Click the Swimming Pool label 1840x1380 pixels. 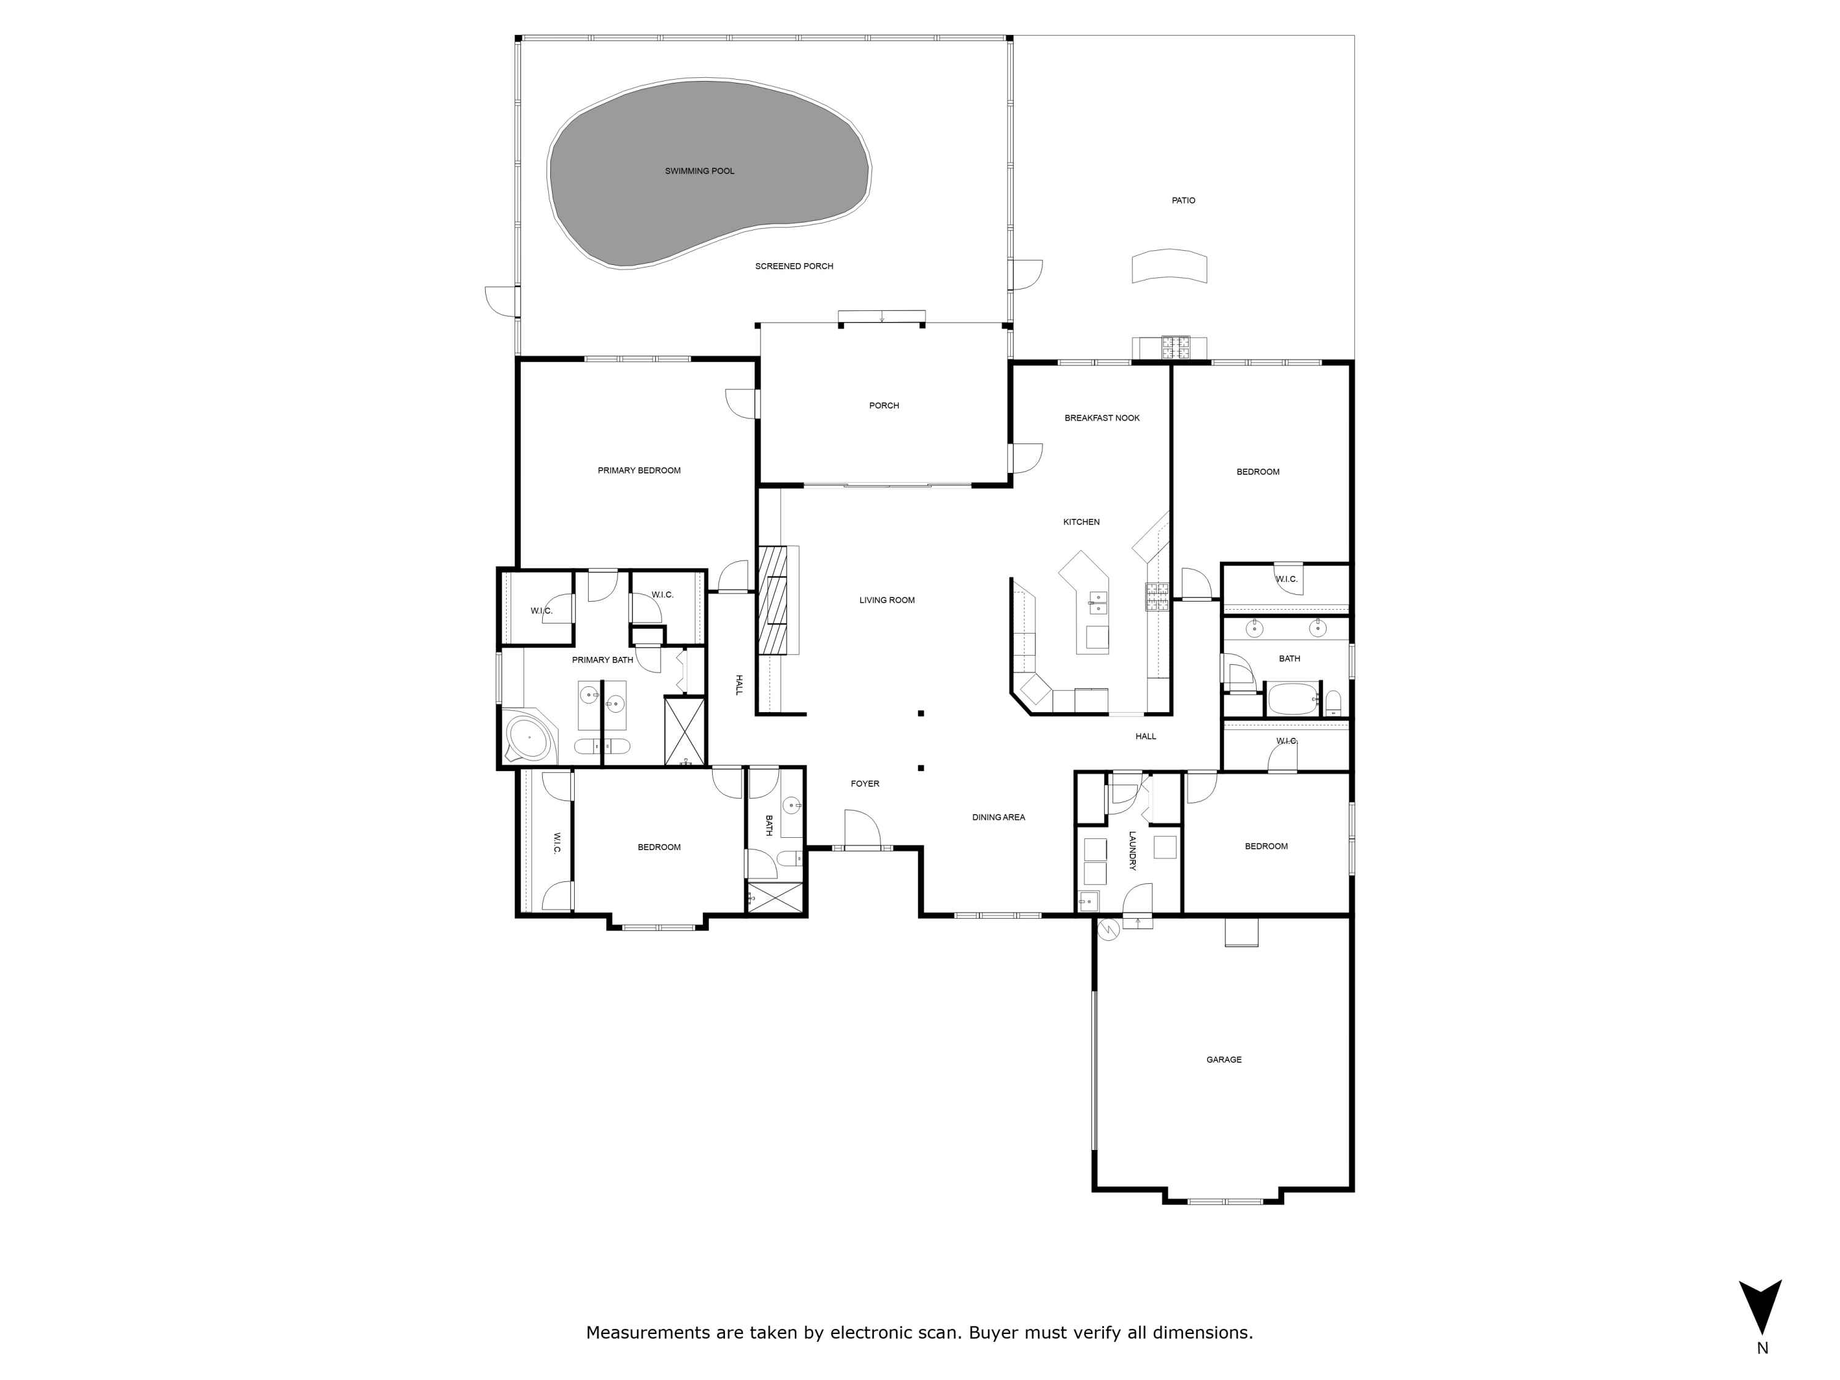point(700,171)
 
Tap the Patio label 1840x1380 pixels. point(1183,201)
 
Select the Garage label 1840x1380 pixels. point(1224,1060)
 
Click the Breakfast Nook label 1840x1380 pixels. point(1102,418)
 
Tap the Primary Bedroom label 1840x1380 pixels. point(639,471)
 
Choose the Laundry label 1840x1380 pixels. point(1132,851)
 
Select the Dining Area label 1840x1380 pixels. point(998,818)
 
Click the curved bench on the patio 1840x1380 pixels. point(1169,267)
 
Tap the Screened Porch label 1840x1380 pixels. point(794,267)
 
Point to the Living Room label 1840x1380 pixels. point(887,600)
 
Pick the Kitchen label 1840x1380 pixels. point(1081,523)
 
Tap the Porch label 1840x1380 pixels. point(883,406)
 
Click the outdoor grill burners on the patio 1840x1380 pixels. point(1175,347)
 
